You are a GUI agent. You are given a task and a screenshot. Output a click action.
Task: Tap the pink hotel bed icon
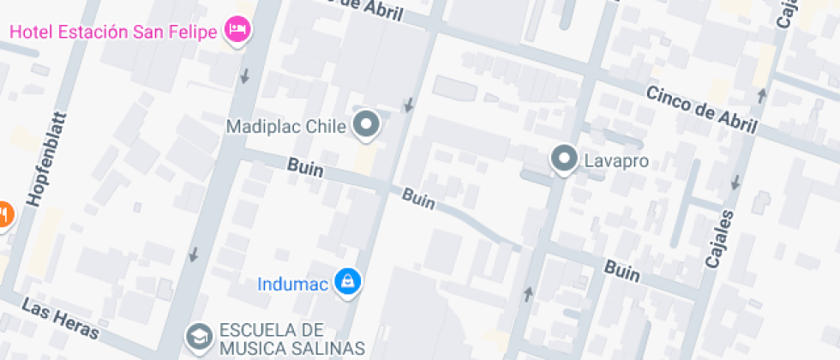click(x=237, y=31)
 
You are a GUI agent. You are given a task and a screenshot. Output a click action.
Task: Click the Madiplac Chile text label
click(x=285, y=127)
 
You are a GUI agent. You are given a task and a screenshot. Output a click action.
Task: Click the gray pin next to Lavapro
click(x=563, y=159)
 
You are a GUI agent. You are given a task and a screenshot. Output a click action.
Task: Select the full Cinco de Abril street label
click(x=702, y=111)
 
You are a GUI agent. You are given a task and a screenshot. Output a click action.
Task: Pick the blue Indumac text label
click(x=293, y=284)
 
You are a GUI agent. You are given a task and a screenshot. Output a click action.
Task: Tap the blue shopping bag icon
click(x=347, y=282)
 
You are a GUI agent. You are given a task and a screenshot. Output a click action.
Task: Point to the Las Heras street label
click(x=61, y=318)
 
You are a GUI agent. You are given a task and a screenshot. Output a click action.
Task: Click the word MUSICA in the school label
click(x=253, y=347)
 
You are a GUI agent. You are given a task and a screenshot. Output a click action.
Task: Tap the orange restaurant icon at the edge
click(x=4, y=213)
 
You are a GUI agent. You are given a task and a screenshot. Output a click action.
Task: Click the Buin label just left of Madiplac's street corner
click(x=305, y=168)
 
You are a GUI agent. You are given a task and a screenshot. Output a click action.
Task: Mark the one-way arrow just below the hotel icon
click(x=245, y=75)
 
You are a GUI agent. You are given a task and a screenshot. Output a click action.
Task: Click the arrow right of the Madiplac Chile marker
click(x=409, y=105)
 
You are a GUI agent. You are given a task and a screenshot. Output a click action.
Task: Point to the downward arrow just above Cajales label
click(x=735, y=182)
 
